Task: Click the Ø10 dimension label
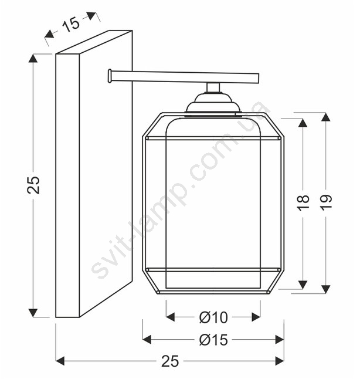click(213, 317)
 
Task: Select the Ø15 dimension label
click(213, 340)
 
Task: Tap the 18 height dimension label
click(303, 202)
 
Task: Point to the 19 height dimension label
click(326, 202)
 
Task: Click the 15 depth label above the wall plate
click(71, 24)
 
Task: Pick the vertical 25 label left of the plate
click(33, 185)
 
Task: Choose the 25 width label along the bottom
click(170, 361)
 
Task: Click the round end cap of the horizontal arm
click(110, 76)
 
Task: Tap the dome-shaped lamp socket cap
click(213, 103)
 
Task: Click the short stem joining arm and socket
click(213, 87)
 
